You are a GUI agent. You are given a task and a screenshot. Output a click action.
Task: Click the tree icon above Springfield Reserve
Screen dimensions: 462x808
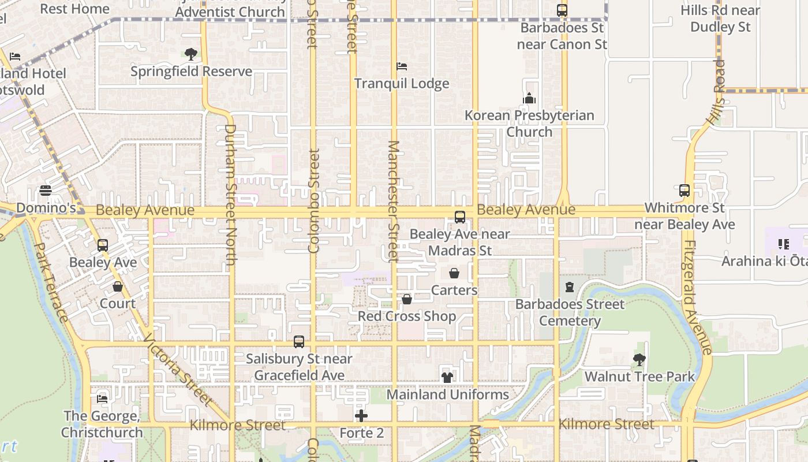click(190, 54)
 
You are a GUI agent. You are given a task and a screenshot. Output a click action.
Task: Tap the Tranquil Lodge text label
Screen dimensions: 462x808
click(402, 84)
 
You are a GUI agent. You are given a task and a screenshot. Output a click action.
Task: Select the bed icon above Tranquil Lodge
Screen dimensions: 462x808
click(402, 66)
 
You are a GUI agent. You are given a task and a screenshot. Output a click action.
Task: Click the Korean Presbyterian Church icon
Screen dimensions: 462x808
click(529, 98)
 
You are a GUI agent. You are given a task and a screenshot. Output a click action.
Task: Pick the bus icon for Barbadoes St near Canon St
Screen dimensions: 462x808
click(562, 10)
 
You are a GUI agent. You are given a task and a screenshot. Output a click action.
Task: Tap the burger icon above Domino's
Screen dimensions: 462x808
click(46, 191)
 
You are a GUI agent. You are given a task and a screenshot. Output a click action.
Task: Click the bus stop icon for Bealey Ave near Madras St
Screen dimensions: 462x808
click(460, 217)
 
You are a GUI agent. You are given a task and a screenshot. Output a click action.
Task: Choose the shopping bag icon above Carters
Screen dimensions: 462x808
click(454, 273)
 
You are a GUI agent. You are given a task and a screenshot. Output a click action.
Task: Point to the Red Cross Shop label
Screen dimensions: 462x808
click(407, 316)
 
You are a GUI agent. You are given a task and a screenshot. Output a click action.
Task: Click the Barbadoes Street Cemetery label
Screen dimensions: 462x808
click(570, 312)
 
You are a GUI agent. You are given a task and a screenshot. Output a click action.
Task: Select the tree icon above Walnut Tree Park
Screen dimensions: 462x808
click(639, 360)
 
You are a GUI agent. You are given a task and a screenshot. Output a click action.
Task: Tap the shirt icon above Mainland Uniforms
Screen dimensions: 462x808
click(447, 378)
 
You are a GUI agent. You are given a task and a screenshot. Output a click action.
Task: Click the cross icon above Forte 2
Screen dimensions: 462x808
click(361, 416)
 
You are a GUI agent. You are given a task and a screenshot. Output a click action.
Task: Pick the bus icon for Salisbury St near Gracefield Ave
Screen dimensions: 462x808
click(299, 342)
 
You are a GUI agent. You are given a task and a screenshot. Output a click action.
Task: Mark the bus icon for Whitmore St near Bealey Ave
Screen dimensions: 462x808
click(684, 191)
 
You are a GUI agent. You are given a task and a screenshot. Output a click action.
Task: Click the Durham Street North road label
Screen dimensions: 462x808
click(231, 195)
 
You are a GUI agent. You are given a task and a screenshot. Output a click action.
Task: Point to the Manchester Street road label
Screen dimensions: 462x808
click(394, 200)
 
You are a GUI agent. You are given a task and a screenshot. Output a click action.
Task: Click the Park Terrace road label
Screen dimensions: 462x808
click(51, 282)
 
